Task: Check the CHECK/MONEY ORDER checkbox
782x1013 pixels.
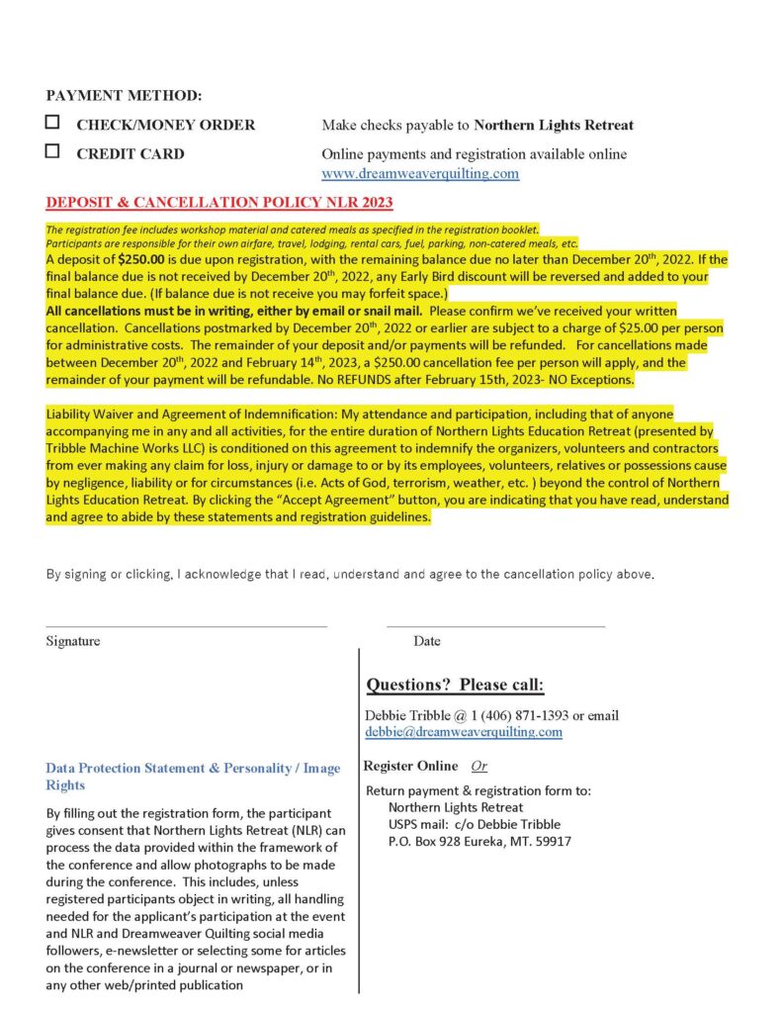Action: tap(52, 124)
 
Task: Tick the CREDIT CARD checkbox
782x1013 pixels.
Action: tap(52, 152)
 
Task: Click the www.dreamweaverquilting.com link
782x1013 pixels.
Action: tap(420, 174)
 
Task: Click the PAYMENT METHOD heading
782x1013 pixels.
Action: tap(124, 96)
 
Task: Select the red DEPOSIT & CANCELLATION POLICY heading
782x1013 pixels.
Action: tap(219, 204)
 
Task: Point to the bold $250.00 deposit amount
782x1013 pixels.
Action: tap(134, 260)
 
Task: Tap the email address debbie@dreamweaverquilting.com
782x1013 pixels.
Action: tap(464, 732)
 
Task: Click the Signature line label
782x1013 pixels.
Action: tap(72, 641)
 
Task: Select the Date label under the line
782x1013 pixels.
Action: tap(427, 641)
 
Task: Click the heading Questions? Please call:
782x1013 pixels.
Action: tap(455, 686)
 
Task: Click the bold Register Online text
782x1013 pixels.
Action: tap(410, 766)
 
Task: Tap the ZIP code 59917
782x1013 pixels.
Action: tap(553, 842)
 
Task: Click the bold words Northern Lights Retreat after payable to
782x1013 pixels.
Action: tap(554, 126)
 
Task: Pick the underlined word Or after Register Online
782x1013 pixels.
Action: tap(478, 766)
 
